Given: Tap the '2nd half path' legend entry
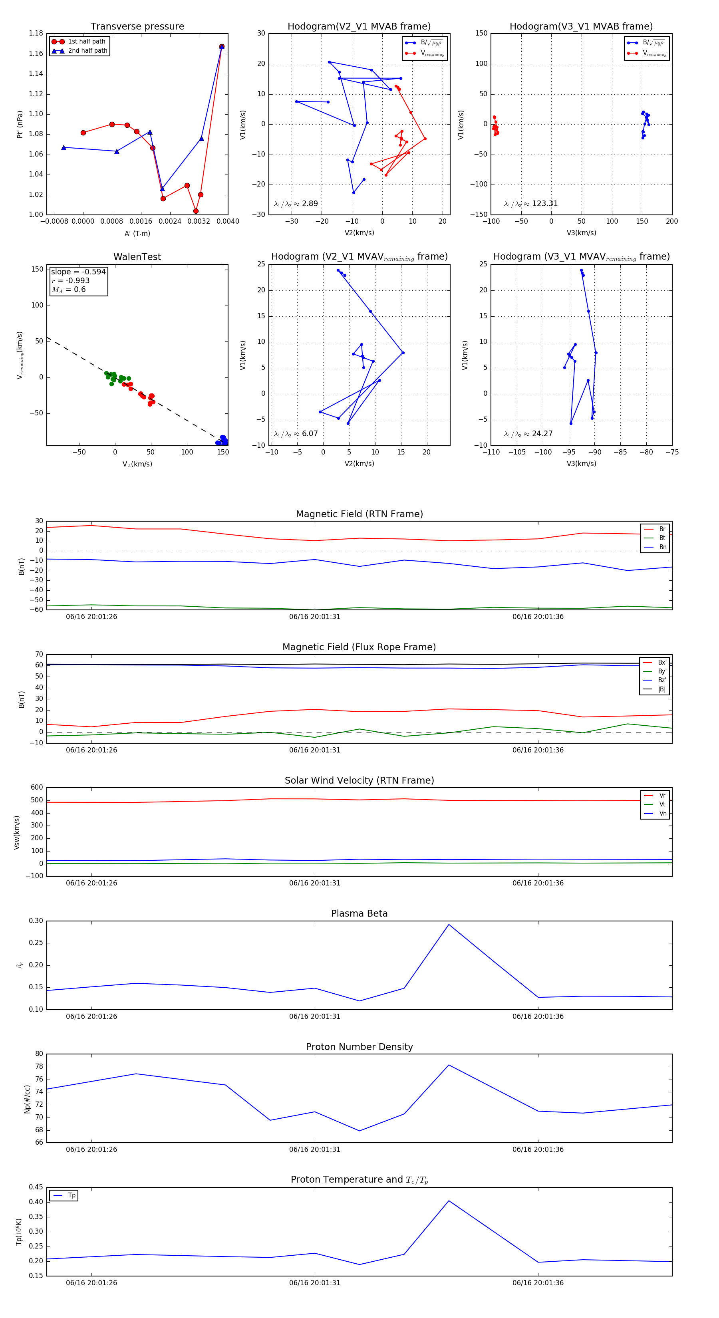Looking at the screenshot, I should (87, 51).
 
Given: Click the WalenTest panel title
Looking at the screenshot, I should (137, 257).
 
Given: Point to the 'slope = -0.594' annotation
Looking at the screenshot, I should (78, 272).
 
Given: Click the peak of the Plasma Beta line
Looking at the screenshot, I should (449, 925).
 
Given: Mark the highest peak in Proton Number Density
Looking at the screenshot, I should (449, 1065).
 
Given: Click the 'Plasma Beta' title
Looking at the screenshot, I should (359, 914).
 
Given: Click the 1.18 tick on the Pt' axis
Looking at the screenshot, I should (36, 33).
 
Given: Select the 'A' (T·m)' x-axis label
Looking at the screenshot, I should (137, 233).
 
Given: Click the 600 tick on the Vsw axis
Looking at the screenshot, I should (37, 788).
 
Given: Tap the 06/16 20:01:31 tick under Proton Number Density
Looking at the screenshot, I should (314, 1149).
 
